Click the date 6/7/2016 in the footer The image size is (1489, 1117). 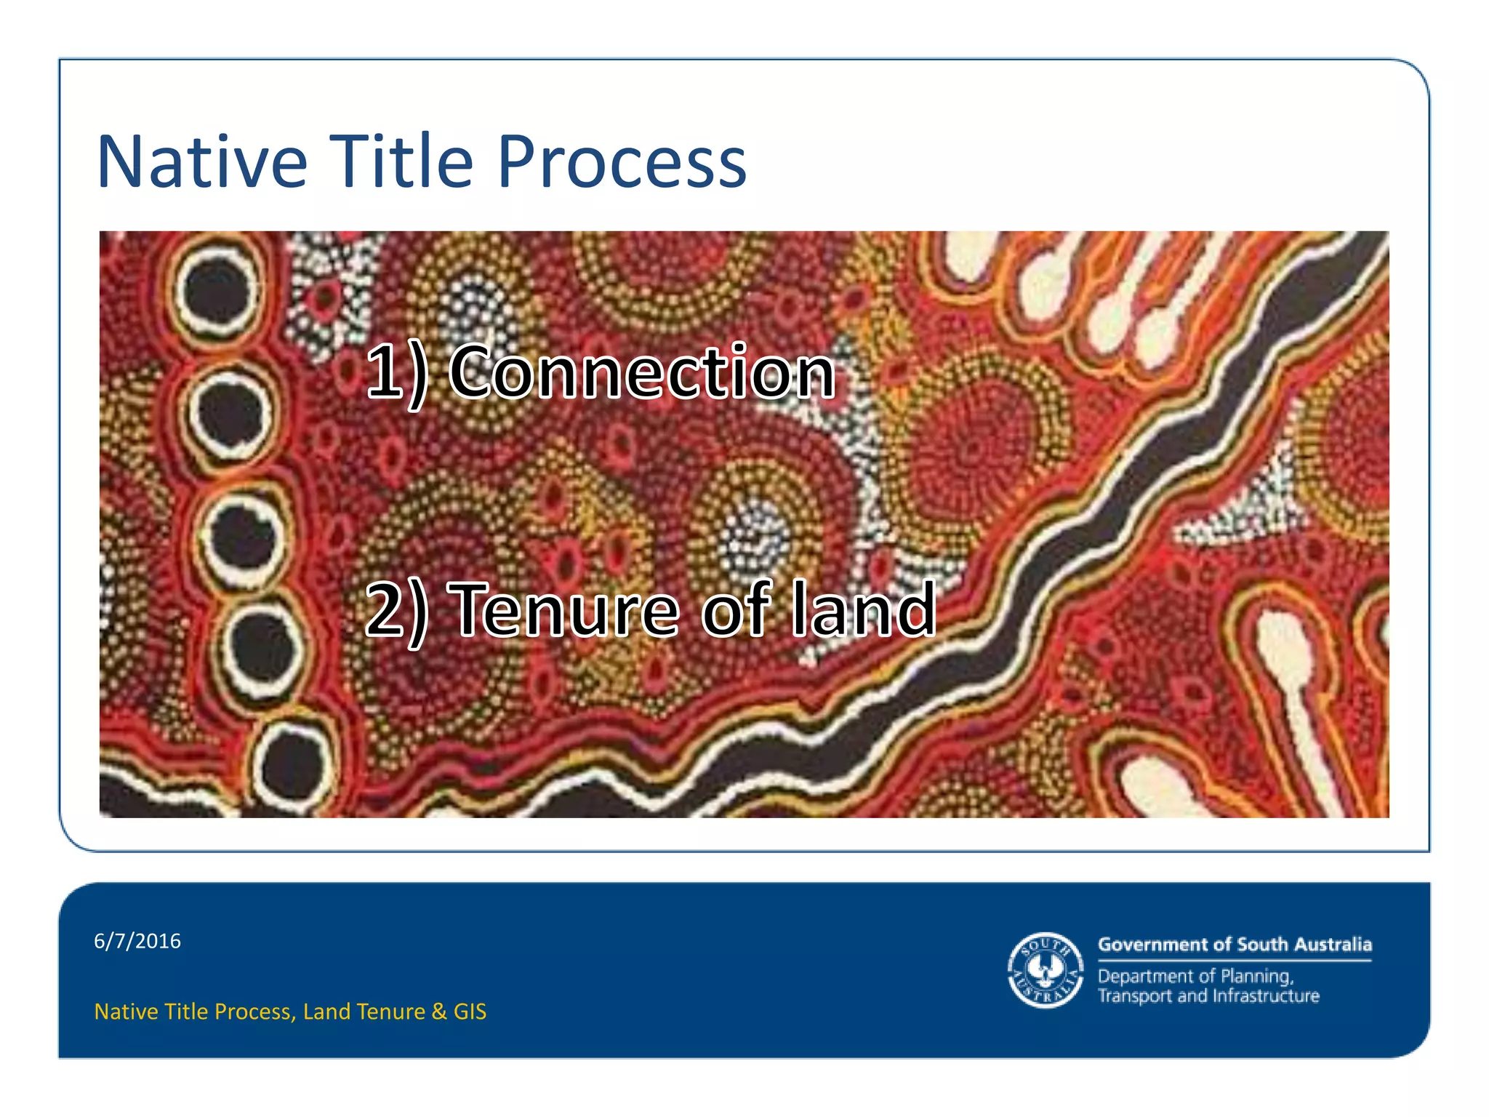[x=137, y=941]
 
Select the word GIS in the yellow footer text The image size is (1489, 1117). [x=470, y=1012]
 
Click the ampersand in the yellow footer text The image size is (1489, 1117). [x=438, y=1012]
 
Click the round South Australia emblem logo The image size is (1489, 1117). [x=1045, y=970]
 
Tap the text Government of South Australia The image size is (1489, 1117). [x=1235, y=945]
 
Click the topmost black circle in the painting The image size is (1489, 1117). [x=217, y=289]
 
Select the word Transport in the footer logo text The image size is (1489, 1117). [x=1135, y=996]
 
